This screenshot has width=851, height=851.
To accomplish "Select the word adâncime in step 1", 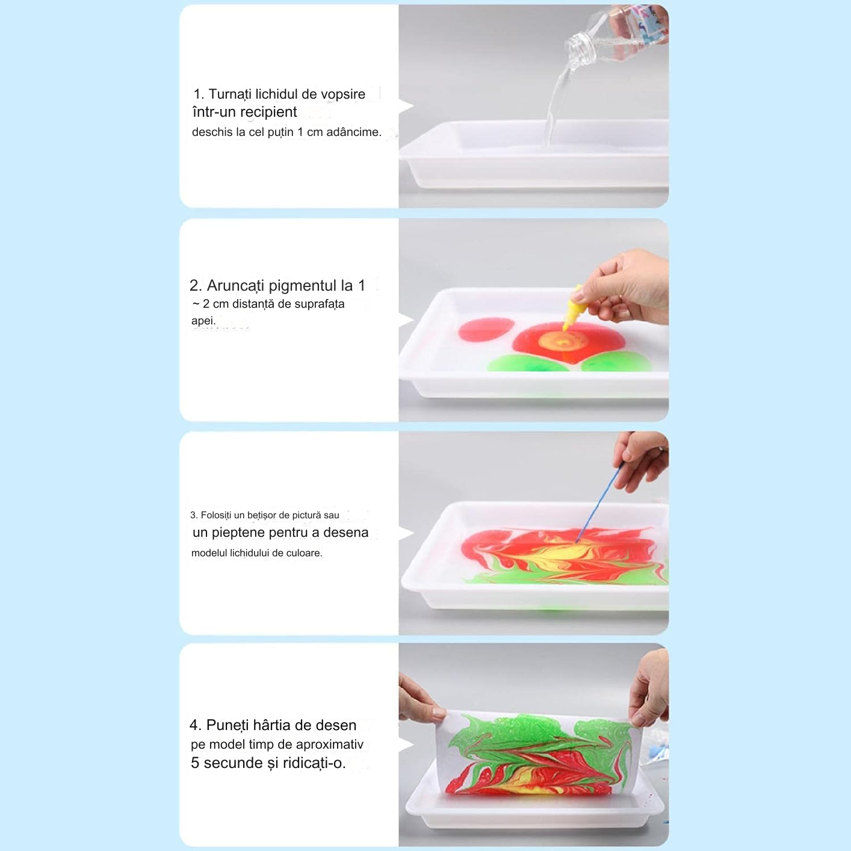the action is [x=358, y=132].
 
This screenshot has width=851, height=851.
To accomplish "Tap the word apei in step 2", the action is [x=203, y=321].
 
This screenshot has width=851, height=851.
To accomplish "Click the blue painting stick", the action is [x=599, y=502].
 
